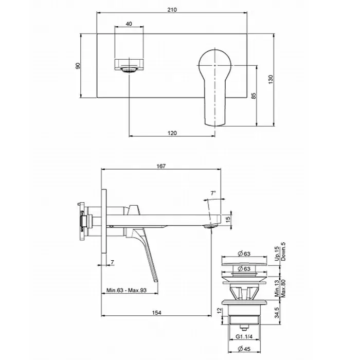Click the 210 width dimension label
172,10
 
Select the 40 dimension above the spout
129,24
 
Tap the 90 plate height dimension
78,66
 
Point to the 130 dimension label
271,79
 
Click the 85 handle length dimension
253,96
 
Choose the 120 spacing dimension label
172,133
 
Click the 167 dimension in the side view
161,166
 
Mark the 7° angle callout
213,193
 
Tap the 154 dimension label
156,313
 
